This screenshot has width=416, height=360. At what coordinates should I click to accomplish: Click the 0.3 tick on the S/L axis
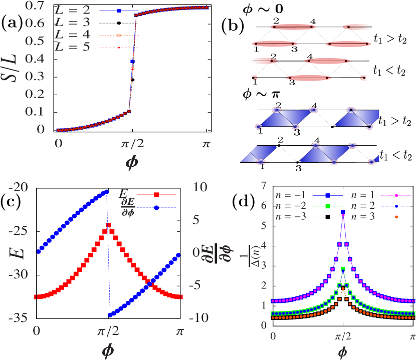coord(42,77)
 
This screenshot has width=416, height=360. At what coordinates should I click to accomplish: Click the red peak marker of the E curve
coord(108,226)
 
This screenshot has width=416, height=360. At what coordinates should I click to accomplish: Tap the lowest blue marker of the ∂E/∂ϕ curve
coord(110,315)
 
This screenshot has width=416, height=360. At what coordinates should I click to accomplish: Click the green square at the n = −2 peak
coord(343,269)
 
